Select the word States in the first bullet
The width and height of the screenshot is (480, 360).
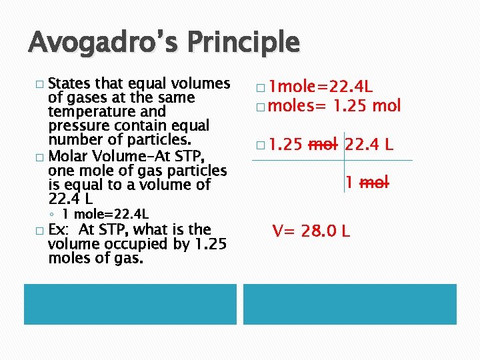70,83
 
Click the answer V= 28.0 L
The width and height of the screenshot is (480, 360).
311,231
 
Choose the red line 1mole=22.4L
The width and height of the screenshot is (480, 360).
315,86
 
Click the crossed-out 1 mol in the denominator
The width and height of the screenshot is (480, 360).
367,182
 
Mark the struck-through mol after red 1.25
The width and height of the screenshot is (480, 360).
323,144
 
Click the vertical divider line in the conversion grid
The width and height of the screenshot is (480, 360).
344,161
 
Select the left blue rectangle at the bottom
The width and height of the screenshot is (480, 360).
130,304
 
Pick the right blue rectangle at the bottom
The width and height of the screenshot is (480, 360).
350,304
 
